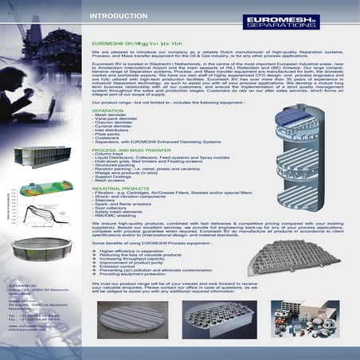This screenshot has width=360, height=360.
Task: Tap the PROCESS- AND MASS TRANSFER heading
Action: [x=131, y=149]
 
